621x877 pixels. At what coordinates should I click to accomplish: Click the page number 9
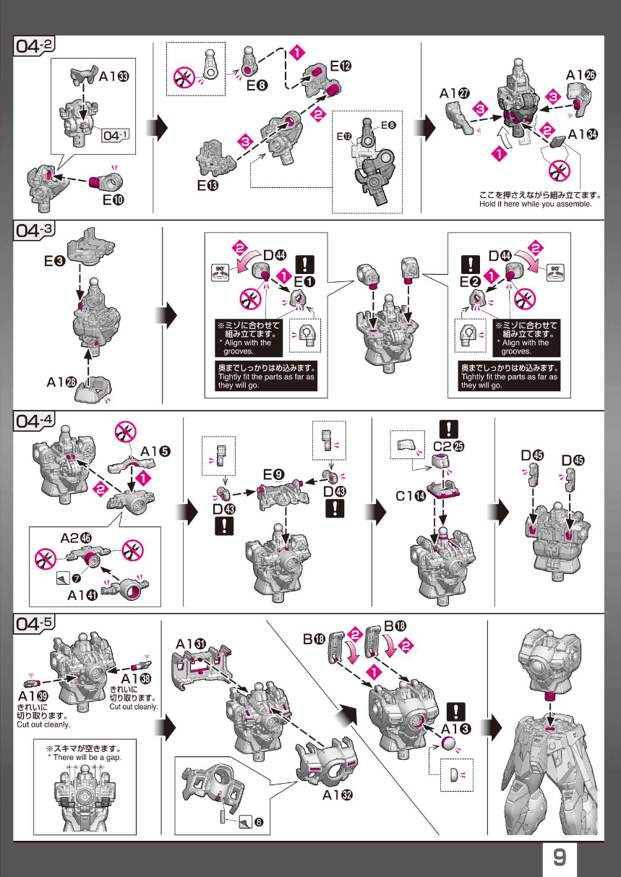[560, 857]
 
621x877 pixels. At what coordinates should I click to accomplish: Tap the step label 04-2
[34, 46]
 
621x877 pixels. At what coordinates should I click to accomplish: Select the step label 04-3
[34, 230]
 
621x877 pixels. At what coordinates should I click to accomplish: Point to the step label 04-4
[34, 421]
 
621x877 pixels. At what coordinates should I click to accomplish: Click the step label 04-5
[34, 623]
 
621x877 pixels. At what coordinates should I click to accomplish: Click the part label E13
[207, 185]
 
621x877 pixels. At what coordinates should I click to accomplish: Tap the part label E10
[114, 200]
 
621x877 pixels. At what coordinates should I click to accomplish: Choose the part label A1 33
[114, 76]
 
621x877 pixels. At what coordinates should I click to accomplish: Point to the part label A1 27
[455, 93]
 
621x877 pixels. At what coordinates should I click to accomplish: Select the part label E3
[54, 261]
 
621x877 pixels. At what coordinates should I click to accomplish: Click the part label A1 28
[61, 382]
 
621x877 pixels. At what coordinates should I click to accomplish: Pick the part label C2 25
[449, 446]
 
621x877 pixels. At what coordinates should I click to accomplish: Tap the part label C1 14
[411, 497]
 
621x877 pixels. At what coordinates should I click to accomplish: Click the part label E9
[273, 475]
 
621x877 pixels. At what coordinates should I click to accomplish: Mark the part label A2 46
[76, 539]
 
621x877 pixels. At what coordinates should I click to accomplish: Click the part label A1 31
[191, 644]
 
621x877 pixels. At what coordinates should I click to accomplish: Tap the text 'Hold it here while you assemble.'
[535, 204]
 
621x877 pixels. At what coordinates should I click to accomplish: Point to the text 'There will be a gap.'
[85, 757]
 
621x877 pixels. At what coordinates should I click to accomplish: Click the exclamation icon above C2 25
[448, 429]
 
